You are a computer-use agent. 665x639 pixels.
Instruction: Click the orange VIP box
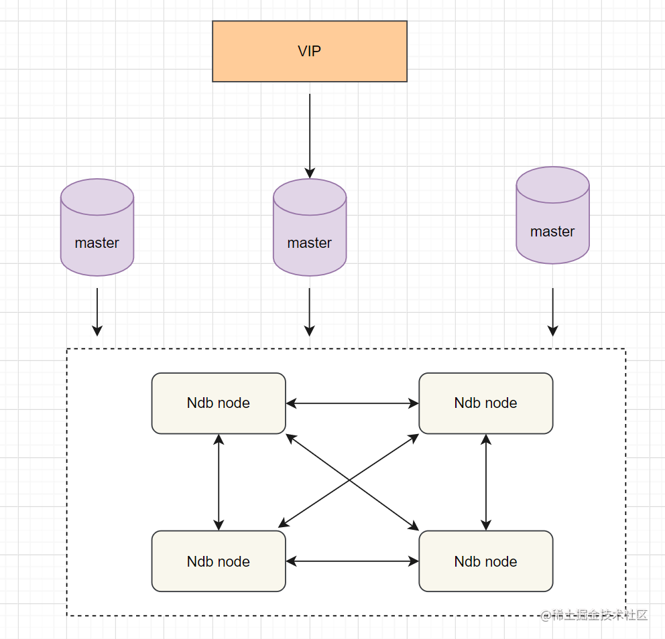pyautogui.click(x=310, y=52)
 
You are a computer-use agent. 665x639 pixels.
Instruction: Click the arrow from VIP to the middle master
pyautogui.click(x=310, y=136)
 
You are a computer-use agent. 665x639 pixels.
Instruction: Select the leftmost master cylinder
pyautogui.click(x=97, y=227)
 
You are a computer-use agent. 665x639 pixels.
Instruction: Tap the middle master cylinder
pyautogui.click(x=310, y=227)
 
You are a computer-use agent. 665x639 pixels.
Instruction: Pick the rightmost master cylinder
pyautogui.click(x=552, y=215)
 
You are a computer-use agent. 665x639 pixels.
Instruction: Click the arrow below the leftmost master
pyautogui.click(x=97, y=312)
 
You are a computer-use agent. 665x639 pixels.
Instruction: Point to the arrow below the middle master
pyautogui.click(x=310, y=312)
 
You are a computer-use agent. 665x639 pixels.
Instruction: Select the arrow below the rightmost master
pyautogui.click(x=552, y=312)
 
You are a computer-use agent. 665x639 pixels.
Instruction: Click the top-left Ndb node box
pyautogui.click(x=219, y=403)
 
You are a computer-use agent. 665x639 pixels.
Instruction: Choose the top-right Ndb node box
pyautogui.click(x=485, y=403)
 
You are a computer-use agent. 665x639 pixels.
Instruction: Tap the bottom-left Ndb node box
pyautogui.click(x=219, y=561)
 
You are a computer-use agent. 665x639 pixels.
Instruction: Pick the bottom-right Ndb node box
pyautogui.click(x=485, y=561)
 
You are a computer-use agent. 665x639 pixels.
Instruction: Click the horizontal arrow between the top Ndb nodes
pyautogui.click(x=353, y=403)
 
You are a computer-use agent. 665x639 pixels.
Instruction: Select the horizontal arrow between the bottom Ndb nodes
pyautogui.click(x=353, y=561)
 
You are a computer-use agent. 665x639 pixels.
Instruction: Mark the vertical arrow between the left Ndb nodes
pyautogui.click(x=219, y=482)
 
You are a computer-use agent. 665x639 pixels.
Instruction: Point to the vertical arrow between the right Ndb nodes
pyautogui.click(x=486, y=482)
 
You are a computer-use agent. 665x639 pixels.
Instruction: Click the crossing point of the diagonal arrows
pyautogui.click(x=349, y=480)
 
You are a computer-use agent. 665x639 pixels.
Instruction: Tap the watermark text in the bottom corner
pyautogui.click(x=594, y=615)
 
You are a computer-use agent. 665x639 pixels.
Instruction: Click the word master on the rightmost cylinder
pyautogui.click(x=552, y=231)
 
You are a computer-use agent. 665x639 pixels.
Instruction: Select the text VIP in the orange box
pyautogui.click(x=310, y=52)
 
